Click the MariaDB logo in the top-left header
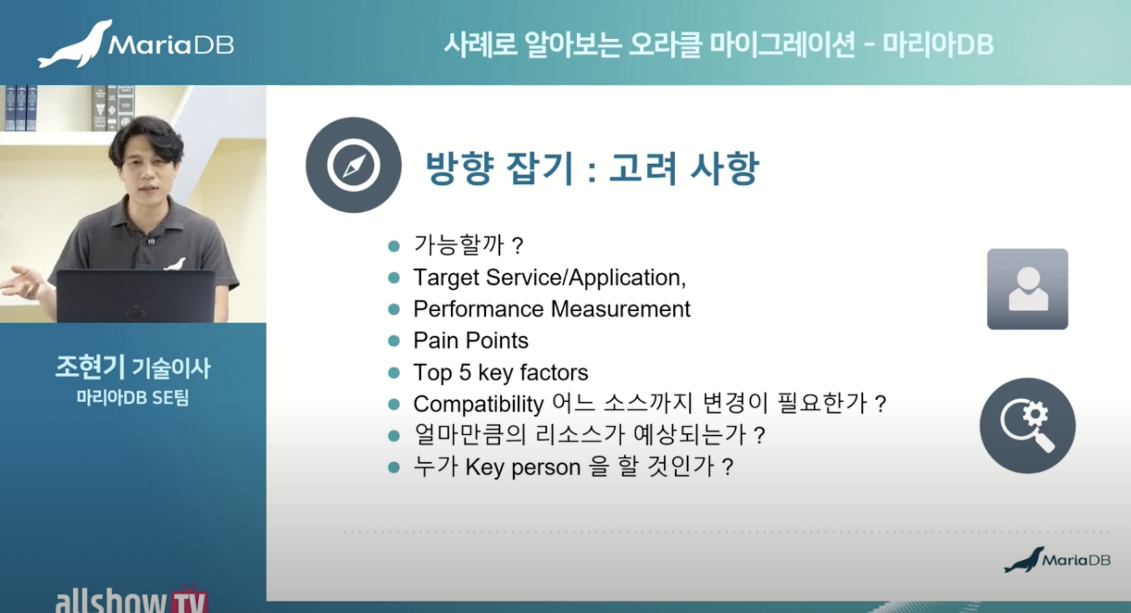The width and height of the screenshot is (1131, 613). pos(135,44)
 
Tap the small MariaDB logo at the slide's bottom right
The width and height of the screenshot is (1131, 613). pos(1057,559)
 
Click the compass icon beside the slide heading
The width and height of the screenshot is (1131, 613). pos(353,165)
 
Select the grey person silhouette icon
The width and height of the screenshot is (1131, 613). pos(1027,289)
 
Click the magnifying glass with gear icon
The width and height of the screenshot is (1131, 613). pos(1027,425)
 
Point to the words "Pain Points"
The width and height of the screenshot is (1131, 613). pos(471,341)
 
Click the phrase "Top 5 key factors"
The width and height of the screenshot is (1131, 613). pos(501,373)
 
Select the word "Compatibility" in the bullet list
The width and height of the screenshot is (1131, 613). pos(478,404)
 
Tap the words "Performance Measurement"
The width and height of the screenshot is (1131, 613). pos(552,309)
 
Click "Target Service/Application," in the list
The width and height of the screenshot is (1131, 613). pos(550,278)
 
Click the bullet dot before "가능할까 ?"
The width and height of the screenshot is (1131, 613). pos(394,246)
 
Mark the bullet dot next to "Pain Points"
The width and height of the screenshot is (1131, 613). pos(394,341)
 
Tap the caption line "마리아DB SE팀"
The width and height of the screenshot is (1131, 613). pos(133,398)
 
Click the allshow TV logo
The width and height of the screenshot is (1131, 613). pos(131,599)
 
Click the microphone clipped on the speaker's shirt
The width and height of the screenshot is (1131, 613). pos(151,241)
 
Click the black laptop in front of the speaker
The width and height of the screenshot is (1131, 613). pos(136,296)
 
